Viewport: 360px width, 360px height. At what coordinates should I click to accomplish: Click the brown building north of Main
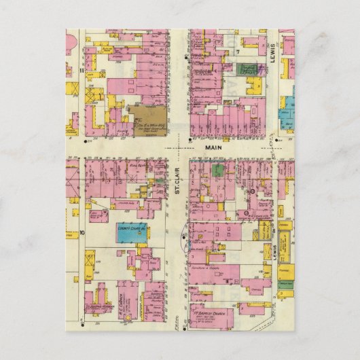pyautogui.click(x=148, y=120)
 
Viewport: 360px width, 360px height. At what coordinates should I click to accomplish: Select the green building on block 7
pyautogui.click(x=248, y=69)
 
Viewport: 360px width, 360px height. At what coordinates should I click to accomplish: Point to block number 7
pyautogui.click(x=238, y=52)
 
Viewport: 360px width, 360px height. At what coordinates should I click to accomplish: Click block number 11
pyautogui.click(x=81, y=69)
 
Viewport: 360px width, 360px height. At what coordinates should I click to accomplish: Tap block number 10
pyautogui.click(x=81, y=232)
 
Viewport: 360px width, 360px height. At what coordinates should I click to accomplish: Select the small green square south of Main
pyautogui.click(x=218, y=170)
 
